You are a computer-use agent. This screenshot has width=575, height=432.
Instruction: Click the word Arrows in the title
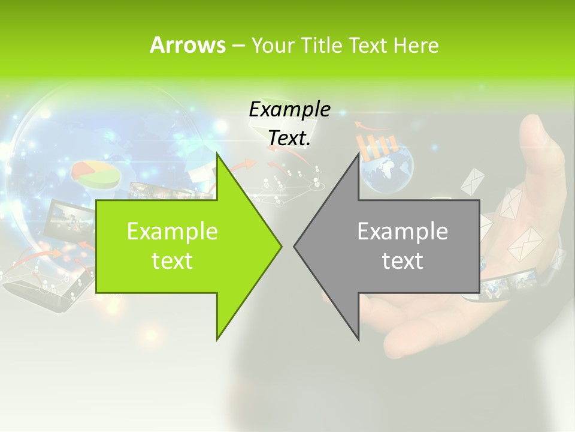[x=187, y=45]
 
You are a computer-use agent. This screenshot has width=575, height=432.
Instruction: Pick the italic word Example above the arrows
[x=289, y=109]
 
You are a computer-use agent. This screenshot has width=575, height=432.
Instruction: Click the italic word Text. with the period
[x=289, y=138]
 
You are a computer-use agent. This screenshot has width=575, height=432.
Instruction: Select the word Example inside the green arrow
[x=172, y=231]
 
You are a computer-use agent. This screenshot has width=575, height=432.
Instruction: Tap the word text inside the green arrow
[x=172, y=260]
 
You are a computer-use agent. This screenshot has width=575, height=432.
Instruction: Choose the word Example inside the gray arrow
[x=402, y=231]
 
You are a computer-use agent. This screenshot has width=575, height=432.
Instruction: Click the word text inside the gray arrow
[x=402, y=260]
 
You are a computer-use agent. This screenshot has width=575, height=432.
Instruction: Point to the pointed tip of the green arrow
[x=281, y=245]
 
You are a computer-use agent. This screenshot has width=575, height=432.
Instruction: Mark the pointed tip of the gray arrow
[x=295, y=245]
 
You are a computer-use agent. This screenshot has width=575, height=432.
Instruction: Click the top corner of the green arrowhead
[x=217, y=154]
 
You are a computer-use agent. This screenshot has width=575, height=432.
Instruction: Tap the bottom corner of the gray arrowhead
[x=359, y=339]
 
